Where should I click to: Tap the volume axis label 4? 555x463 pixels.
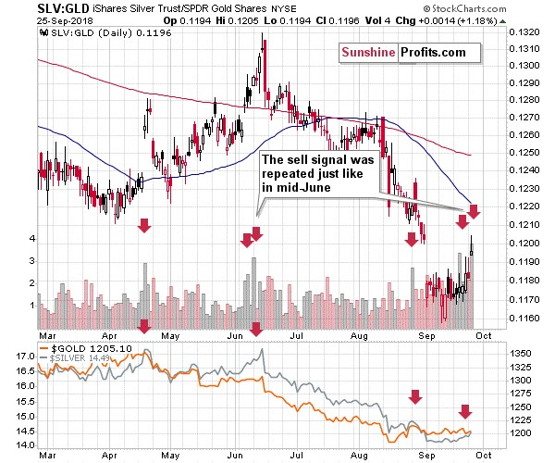(x=31, y=239)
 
